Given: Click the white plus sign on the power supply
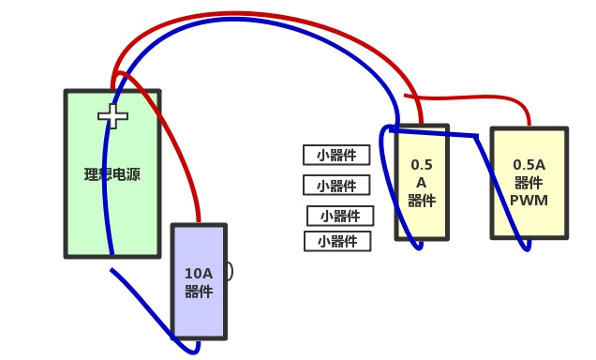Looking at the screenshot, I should (112, 116).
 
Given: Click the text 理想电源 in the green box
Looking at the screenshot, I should (112, 174).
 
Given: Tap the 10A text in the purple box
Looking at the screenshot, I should (199, 274).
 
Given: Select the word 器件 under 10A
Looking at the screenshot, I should (199, 292).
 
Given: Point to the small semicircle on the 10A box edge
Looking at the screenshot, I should (229, 272).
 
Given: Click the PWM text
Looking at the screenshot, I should (529, 200).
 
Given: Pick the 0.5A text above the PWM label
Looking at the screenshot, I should (529, 164).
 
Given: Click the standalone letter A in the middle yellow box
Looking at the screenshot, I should (422, 182).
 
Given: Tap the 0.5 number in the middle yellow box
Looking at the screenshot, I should (422, 164).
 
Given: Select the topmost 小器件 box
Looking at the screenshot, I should (336, 155).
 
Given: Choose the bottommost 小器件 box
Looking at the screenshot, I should (337, 242).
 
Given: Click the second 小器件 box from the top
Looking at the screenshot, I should (336, 185).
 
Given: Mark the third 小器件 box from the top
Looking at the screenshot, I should (340, 216).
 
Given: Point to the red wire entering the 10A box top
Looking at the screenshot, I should (198, 211).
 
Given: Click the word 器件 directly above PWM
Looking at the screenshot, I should (529, 182).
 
